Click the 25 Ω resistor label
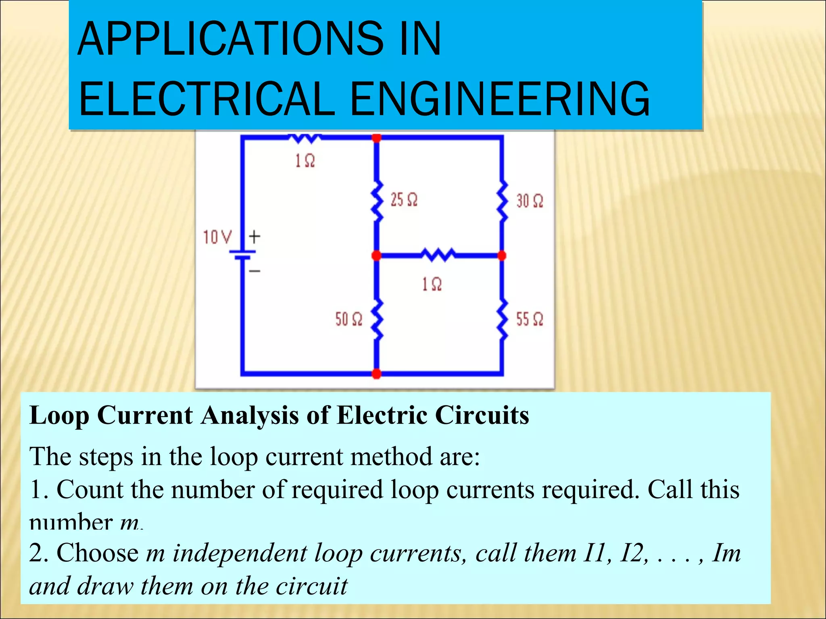click(x=404, y=199)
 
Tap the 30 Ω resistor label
click(x=530, y=201)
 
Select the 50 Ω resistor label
click(x=348, y=319)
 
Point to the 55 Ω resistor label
click(x=530, y=319)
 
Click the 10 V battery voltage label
click(x=217, y=237)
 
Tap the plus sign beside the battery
click(x=254, y=237)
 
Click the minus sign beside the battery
click(x=254, y=271)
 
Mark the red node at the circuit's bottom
click(x=376, y=374)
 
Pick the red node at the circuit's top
click(x=376, y=138)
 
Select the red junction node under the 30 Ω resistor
click(x=502, y=255)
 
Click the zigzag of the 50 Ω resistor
click(x=377, y=320)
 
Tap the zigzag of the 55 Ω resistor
click(x=502, y=320)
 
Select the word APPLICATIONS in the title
click(x=230, y=39)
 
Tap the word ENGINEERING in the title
click(x=500, y=98)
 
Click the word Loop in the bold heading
click(x=59, y=415)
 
